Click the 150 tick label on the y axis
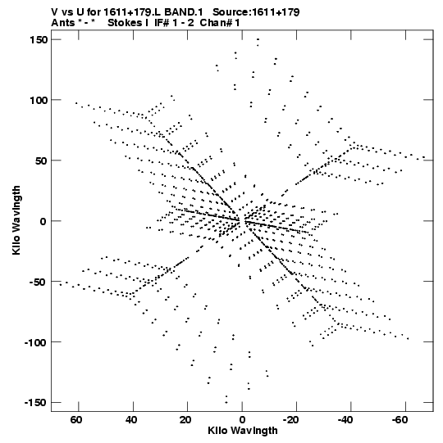tap(39, 40)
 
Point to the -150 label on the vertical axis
tap(36, 402)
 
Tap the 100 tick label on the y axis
tap(39, 100)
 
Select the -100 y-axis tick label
tap(36, 342)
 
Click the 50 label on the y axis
tap(42, 160)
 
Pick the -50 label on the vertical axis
tap(39, 282)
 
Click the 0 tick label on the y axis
tap(43, 221)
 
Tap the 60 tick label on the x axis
tap(76, 420)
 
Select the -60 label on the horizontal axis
tap(400, 420)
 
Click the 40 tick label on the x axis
tap(131, 420)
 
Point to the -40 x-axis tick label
tap(345, 420)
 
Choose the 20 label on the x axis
tap(185, 420)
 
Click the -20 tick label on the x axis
tap(290, 420)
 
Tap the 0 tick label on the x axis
tap(242, 420)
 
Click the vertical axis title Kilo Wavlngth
tap(16, 220)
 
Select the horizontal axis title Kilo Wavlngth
tap(243, 431)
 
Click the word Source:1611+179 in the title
tap(256, 12)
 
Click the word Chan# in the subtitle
tap(216, 23)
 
